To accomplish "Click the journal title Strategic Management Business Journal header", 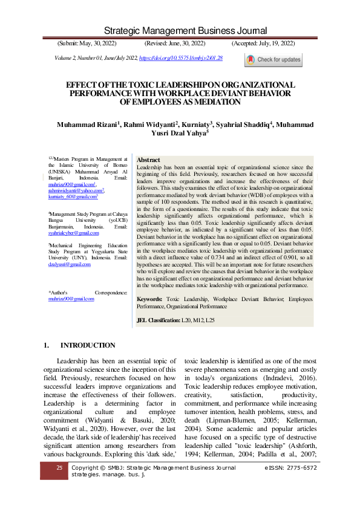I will [x=180, y=31].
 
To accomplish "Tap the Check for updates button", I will [x=273, y=60].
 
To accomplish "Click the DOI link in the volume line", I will [x=181, y=57].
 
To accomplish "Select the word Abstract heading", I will [x=149, y=160].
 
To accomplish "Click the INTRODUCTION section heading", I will [x=88, y=345].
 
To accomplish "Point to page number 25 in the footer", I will [x=59, y=468].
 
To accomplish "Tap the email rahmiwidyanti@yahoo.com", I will [x=75, y=189].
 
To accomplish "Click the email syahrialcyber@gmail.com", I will [x=73, y=233].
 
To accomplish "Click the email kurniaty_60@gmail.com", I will [x=72, y=197].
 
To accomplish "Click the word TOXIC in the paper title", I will [x=128, y=85].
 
